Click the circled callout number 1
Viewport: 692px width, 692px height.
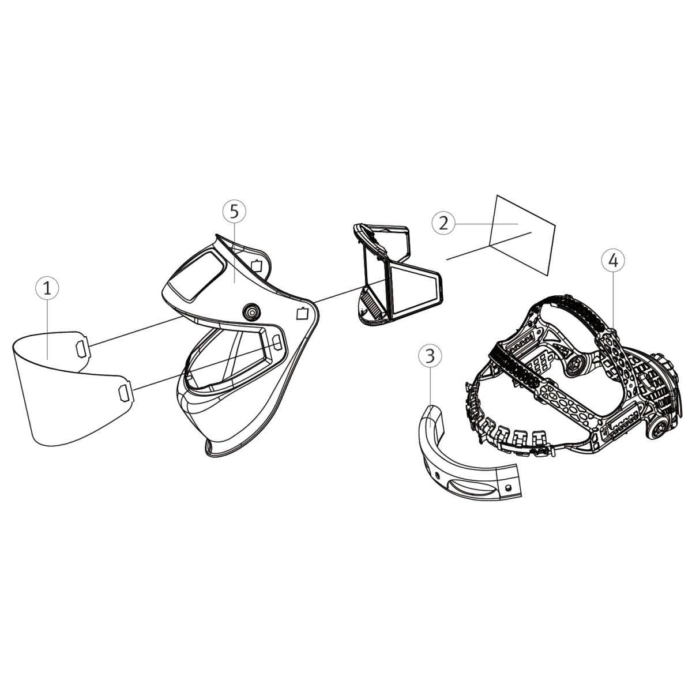pyautogui.click(x=47, y=288)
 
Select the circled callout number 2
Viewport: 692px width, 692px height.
pyautogui.click(x=443, y=223)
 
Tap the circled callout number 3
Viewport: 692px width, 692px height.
pyautogui.click(x=430, y=356)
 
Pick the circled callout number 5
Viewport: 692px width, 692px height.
pyautogui.click(x=234, y=212)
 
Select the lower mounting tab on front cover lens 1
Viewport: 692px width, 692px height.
pyautogui.click(x=125, y=392)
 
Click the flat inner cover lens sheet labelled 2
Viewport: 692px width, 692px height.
pyautogui.click(x=522, y=235)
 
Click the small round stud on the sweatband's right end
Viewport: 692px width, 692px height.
pyautogui.click(x=507, y=487)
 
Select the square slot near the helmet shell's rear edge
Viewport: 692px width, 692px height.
pyautogui.click(x=302, y=314)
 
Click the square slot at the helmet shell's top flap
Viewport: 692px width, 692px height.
pyautogui.click(x=257, y=265)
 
